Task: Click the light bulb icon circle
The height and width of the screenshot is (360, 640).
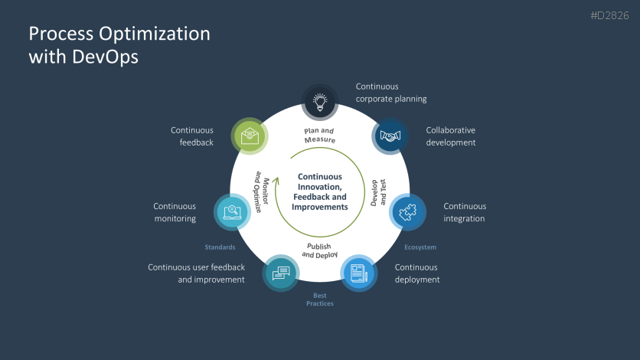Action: tap(321, 101)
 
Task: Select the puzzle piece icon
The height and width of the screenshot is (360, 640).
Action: tap(407, 212)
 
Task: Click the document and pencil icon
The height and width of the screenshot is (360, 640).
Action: tap(358, 273)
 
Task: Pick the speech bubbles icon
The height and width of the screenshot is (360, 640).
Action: tap(281, 273)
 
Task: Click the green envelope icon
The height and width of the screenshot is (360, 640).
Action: tap(250, 136)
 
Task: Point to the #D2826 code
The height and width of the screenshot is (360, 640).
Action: tap(610, 16)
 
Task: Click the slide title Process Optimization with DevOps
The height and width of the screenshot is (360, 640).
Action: tap(119, 45)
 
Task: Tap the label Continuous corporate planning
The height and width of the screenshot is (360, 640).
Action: tap(391, 93)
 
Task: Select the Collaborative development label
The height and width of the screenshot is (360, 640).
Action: tap(451, 136)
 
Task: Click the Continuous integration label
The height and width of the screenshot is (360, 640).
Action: tap(465, 212)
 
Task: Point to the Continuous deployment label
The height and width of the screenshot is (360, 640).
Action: tap(417, 273)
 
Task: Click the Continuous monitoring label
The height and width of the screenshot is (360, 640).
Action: tap(175, 212)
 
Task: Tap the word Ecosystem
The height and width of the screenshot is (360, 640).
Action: tap(420, 247)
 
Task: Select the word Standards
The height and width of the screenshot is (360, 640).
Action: tap(220, 247)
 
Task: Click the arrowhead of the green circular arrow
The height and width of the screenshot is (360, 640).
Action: tap(266, 185)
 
